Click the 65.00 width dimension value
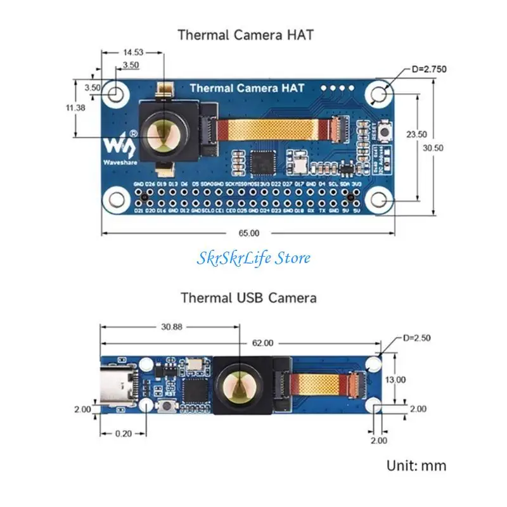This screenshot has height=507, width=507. [x=249, y=233]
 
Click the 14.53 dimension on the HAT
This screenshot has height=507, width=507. [x=133, y=52]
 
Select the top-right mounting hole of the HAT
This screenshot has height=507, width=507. [x=380, y=94]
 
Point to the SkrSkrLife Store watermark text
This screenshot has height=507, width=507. [x=253, y=258]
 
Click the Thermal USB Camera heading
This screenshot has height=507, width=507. [x=248, y=297]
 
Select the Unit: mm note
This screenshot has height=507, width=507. [x=416, y=466]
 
